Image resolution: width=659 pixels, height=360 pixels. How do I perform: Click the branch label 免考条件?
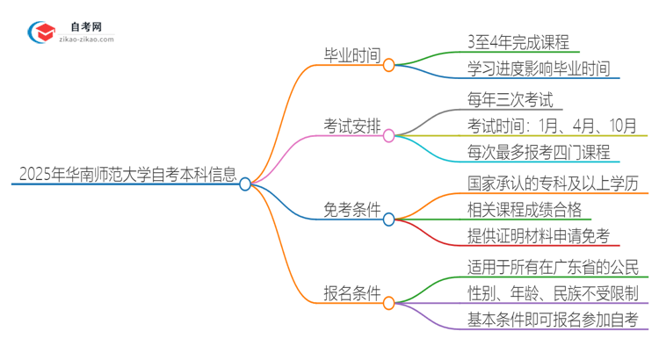(x=351, y=210)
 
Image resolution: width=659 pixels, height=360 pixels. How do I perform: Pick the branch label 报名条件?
(x=351, y=295)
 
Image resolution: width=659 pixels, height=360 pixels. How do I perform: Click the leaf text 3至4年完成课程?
(x=518, y=41)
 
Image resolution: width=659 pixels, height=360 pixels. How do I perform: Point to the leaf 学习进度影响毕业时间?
(x=540, y=68)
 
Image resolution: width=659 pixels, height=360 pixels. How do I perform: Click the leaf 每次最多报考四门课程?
(x=540, y=152)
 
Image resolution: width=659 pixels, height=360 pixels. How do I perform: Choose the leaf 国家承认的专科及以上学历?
(x=552, y=183)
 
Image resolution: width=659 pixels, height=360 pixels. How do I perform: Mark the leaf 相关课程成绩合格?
(x=525, y=209)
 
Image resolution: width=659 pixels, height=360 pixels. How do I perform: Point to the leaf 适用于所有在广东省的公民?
(x=552, y=266)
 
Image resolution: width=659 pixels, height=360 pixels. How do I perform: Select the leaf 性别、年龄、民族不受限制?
(x=552, y=292)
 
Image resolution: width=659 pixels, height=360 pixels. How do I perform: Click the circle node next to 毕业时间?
(x=388, y=64)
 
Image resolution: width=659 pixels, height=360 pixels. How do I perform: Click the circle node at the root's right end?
(x=245, y=184)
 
